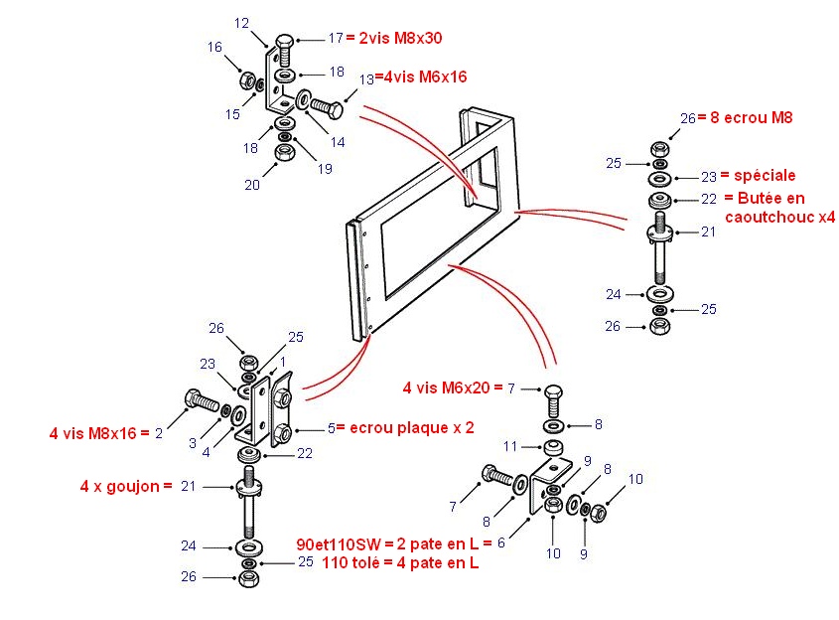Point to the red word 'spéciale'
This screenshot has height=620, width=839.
766,176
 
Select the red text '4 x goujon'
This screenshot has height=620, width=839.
120,487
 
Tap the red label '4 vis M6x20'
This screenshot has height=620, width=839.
447,387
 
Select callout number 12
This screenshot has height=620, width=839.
242,23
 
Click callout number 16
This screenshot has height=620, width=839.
214,47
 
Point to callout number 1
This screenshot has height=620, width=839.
283,361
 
